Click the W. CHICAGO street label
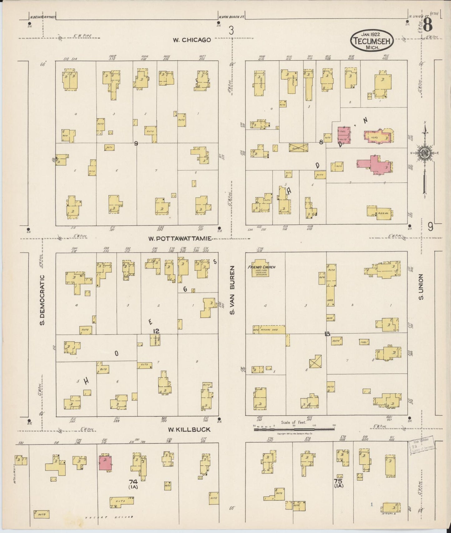pyautogui.click(x=192, y=40)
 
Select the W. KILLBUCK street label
pyautogui.click(x=189, y=430)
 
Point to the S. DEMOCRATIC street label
pyautogui.click(x=42, y=300)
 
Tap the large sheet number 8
pyautogui.click(x=428, y=25)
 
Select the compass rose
pyautogui.click(x=425, y=153)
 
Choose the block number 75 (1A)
pyautogui.click(x=338, y=483)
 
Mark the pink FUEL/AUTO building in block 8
pyautogui.click(x=343, y=135)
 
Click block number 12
pyautogui.click(x=156, y=331)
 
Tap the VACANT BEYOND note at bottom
pyautogui.click(x=109, y=517)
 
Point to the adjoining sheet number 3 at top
pyautogui.click(x=231, y=31)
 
